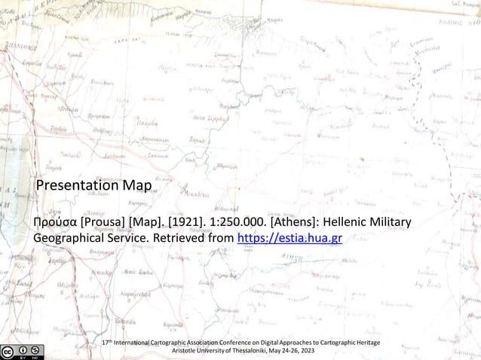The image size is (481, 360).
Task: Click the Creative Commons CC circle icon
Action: click(x=8, y=348)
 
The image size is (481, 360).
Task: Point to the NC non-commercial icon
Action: click(x=36, y=348)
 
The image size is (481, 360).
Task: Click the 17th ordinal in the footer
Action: click(x=106, y=343)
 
